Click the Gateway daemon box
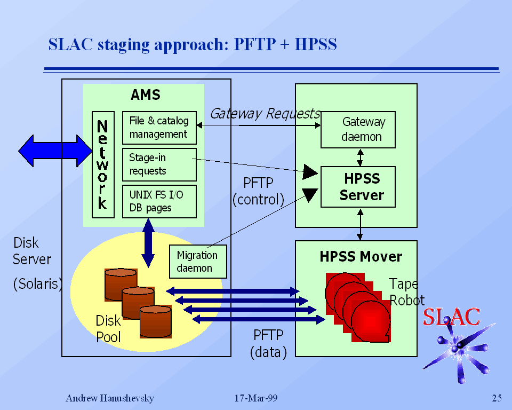tap(358, 130)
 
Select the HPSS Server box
tap(358, 187)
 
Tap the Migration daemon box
tap(197, 262)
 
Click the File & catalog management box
tap(159, 128)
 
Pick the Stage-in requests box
tap(159, 164)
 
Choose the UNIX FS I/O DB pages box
tap(159, 201)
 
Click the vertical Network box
tap(103, 164)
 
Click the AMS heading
tap(145, 95)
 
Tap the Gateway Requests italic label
tap(265, 114)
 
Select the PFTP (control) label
tap(258, 191)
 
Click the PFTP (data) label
tap(268, 343)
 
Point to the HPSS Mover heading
tap(361, 257)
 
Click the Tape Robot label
tap(406, 291)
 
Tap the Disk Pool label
tap(108, 329)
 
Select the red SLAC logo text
tap(452, 317)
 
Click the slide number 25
tap(497, 398)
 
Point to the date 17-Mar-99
tap(256, 398)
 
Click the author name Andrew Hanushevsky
tap(110, 398)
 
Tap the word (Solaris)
tap(37, 284)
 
